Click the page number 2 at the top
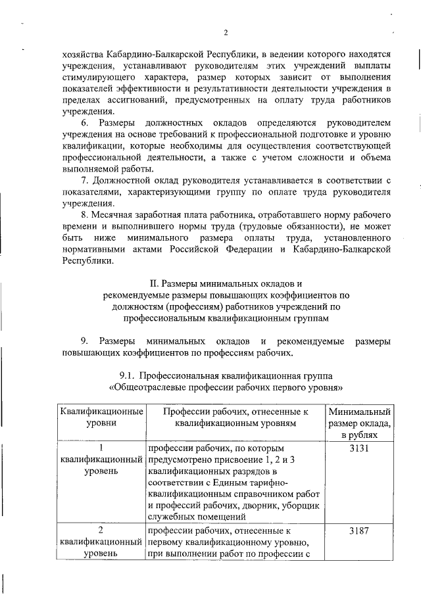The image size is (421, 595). tap(225, 33)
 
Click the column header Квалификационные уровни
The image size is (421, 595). tap(101, 417)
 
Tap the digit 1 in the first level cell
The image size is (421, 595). tap(101, 447)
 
